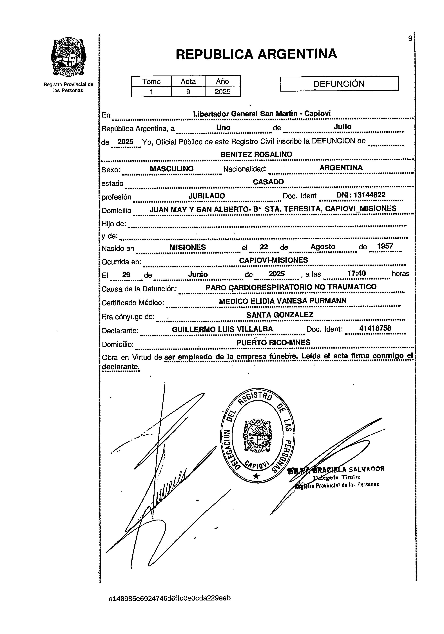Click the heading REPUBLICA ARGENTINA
tap(256, 54)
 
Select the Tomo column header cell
tap(151, 81)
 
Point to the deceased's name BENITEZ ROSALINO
tap(256, 154)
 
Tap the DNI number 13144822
tap(369, 195)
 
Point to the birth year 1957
tap(385, 246)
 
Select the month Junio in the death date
tap(198, 274)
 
